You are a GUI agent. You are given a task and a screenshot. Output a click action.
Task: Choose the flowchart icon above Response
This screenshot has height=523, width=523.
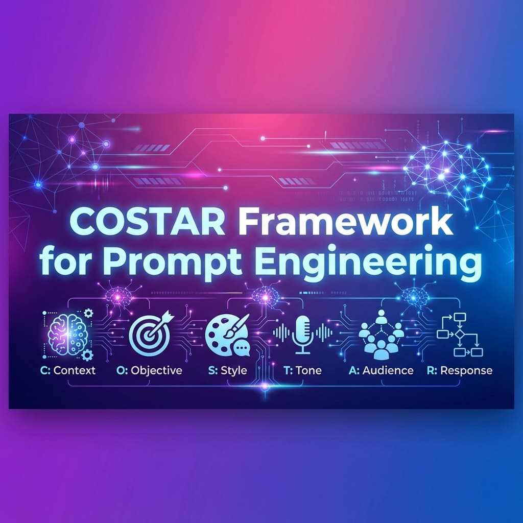pos(460,335)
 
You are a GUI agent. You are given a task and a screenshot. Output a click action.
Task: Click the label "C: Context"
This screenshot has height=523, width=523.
pos(67,370)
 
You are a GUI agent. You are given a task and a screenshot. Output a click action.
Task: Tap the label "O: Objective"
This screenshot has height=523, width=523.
pos(149,370)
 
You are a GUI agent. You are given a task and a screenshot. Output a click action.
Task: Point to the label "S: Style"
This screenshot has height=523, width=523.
pos(228,370)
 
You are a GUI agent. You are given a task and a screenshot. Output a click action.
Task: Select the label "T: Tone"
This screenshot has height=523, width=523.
pos(302,370)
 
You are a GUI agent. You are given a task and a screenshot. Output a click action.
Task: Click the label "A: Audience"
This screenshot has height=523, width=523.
pos(381,370)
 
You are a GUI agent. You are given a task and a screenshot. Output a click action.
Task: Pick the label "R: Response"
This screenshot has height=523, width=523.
pos(459,370)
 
